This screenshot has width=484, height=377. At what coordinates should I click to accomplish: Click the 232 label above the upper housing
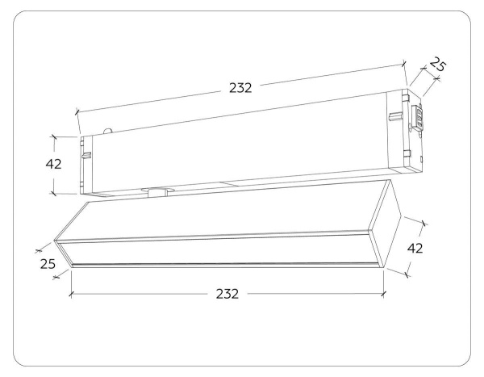pyautogui.click(x=240, y=88)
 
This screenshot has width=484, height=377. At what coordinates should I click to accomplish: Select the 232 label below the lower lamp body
pyautogui.click(x=227, y=294)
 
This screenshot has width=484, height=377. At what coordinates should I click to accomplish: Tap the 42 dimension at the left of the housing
pyautogui.click(x=53, y=164)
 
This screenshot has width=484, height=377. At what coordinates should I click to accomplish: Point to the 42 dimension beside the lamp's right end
pyautogui.click(x=415, y=248)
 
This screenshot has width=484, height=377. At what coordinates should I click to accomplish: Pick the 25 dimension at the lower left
pyautogui.click(x=48, y=264)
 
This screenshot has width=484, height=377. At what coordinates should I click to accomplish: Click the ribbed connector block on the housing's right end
pyautogui.click(x=416, y=116)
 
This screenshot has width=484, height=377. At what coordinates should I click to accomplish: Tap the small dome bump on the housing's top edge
pyautogui.click(x=108, y=131)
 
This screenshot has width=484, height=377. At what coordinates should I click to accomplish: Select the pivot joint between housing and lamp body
pyautogui.click(x=158, y=191)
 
